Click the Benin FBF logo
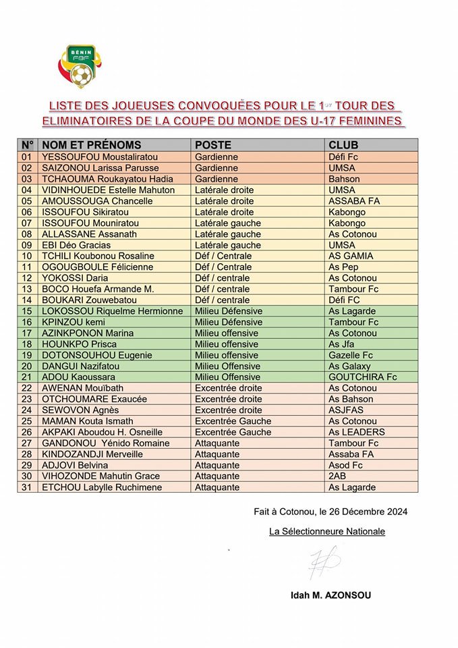(80, 66)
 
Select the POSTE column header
(213, 145)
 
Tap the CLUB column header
(343, 145)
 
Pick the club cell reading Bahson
(344, 179)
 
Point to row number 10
(28, 256)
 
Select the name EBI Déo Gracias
(76, 245)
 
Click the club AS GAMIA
(351, 256)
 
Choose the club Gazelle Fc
(351, 355)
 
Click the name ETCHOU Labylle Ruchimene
(98, 487)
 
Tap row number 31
(28, 487)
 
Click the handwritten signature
(324, 561)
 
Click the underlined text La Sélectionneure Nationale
(327, 531)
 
